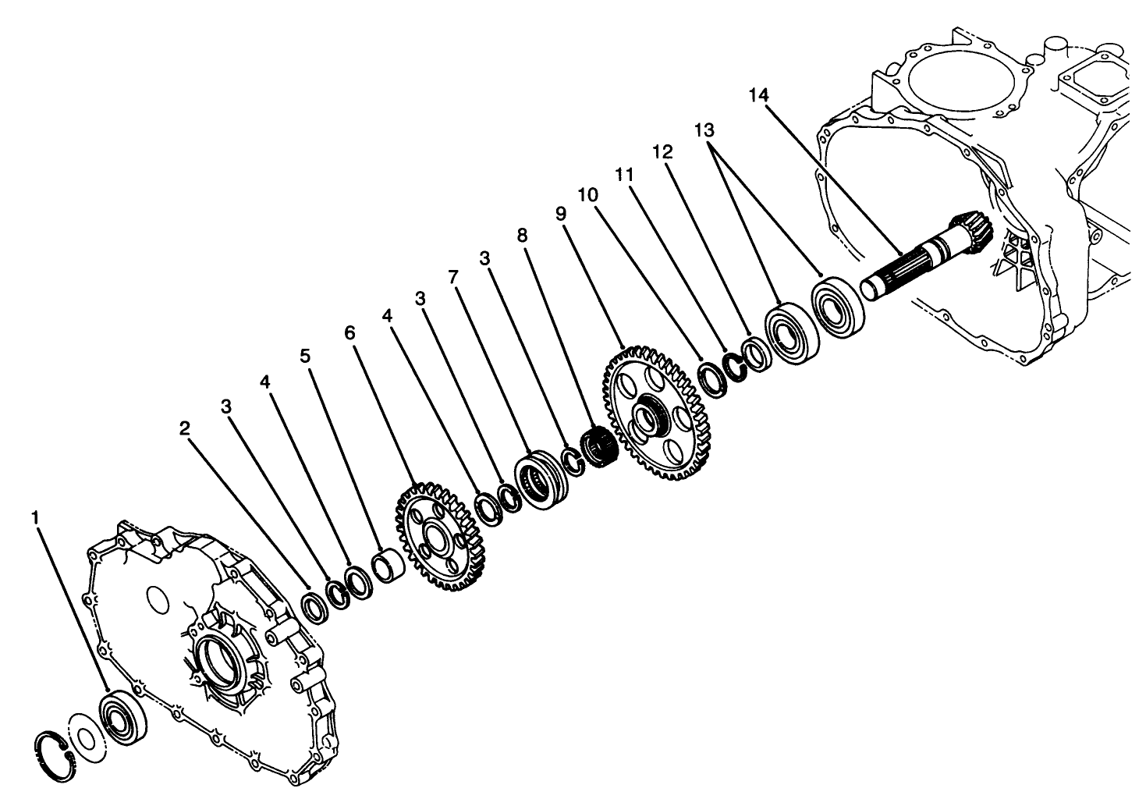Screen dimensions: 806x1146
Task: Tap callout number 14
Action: click(x=758, y=95)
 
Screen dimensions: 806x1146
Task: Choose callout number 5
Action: click(x=305, y=357)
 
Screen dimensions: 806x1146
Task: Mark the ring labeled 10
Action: click(x=712, y=379)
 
